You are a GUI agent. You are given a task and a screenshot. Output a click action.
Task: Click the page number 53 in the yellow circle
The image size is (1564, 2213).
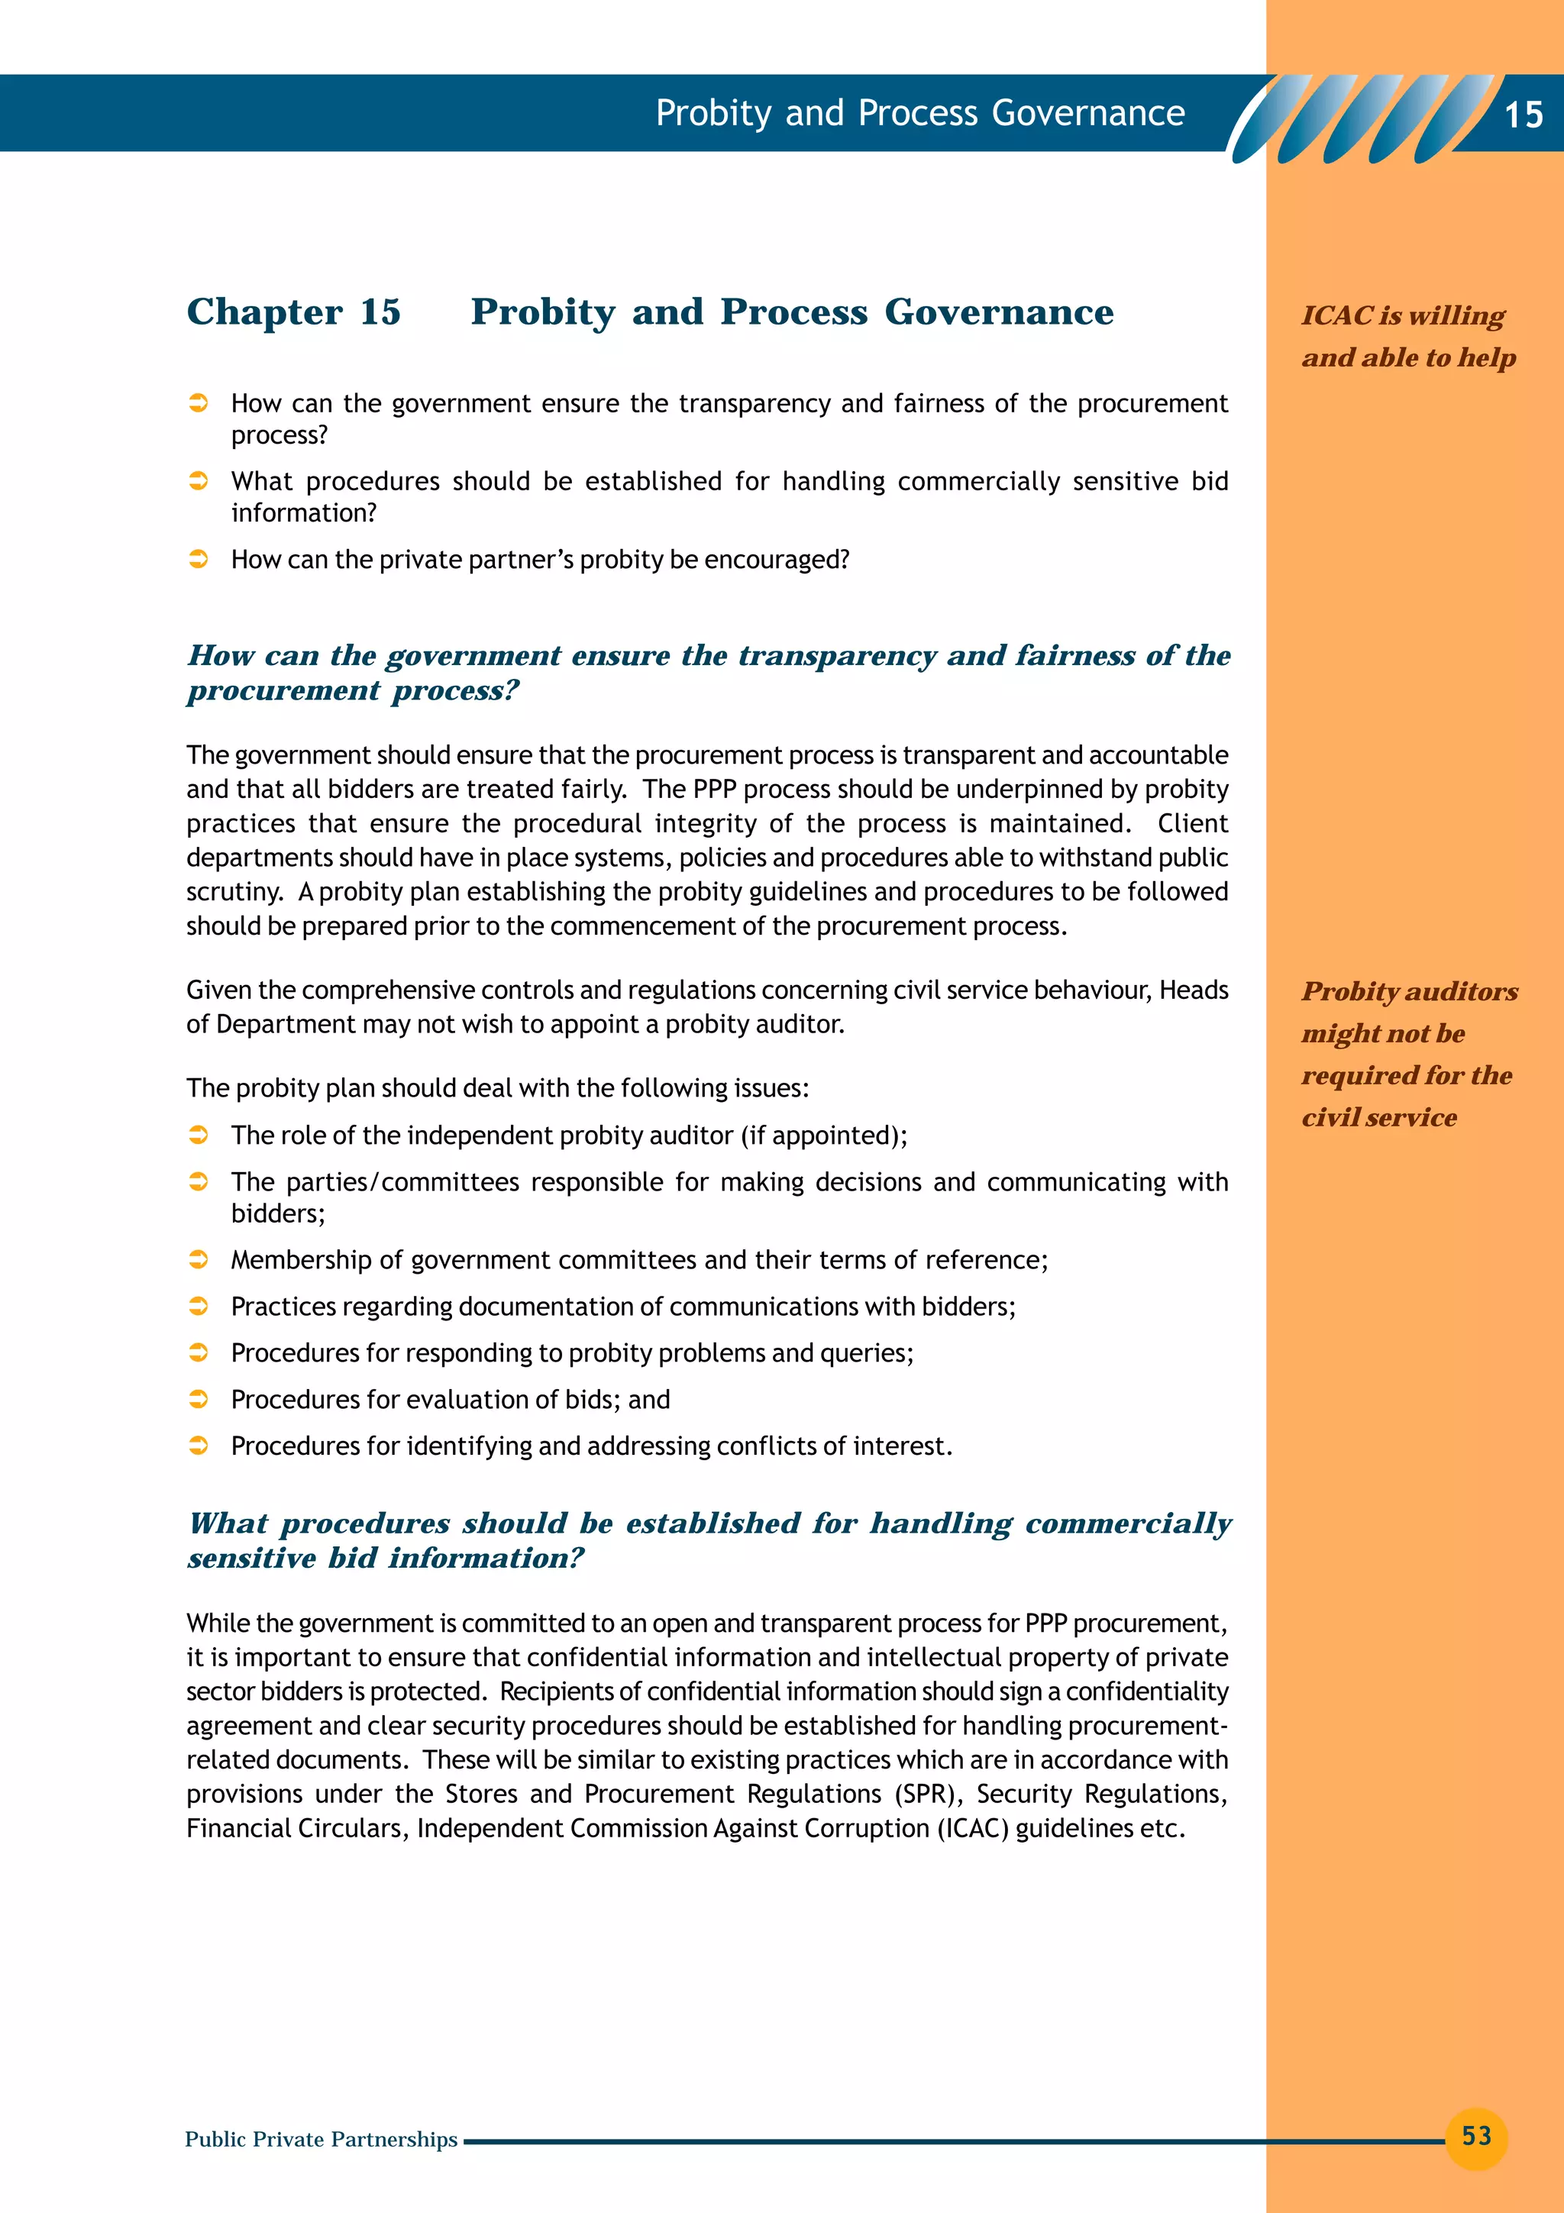click(x=1475, y=2136)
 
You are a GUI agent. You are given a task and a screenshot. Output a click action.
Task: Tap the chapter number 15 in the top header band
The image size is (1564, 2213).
click(x=1523, y=115)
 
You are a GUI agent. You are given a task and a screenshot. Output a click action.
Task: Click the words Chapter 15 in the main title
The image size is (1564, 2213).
click(x=293, y=312)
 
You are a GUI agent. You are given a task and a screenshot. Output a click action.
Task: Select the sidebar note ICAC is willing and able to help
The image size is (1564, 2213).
click(x=1407, y=335)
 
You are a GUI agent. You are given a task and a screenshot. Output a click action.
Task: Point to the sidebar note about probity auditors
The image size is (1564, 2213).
click(x=1408, y=1054)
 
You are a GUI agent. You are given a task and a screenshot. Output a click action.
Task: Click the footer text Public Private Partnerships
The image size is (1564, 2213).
click(x=321, y=2139)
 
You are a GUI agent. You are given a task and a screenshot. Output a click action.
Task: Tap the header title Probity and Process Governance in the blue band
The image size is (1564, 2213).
click(x=919, y=113)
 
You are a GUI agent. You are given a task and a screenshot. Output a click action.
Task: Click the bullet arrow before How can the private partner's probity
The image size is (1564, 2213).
click(x=199, y=559)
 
